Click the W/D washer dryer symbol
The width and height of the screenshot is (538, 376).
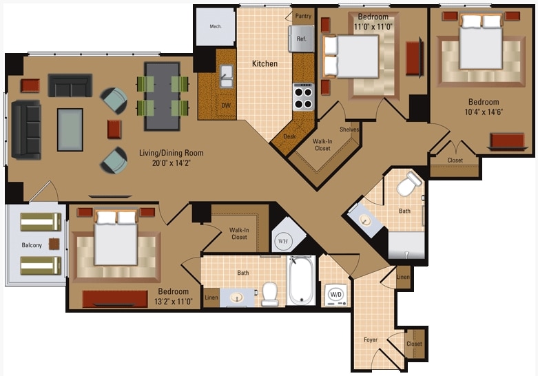pos(335,294)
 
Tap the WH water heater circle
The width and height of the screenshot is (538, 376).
pos(283,241)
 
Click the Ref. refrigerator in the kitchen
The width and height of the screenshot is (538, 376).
pos(301,39)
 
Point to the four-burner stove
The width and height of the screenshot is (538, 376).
pos(303,97)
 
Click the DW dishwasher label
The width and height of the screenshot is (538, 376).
pos(225,106)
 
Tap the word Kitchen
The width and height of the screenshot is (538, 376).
pos(265,64)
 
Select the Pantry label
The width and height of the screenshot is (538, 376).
pos(302,15)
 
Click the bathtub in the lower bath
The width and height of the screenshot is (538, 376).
pos(301,281)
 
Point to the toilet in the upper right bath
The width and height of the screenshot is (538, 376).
pos(409,184)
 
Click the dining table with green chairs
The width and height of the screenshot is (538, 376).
pos(163,96)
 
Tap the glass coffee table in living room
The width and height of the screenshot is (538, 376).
pos(70,129)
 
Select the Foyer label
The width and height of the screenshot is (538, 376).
pos(371,340)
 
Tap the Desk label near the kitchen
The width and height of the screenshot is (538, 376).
pos(289,136)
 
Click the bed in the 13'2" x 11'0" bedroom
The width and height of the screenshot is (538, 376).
pos(115,238)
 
